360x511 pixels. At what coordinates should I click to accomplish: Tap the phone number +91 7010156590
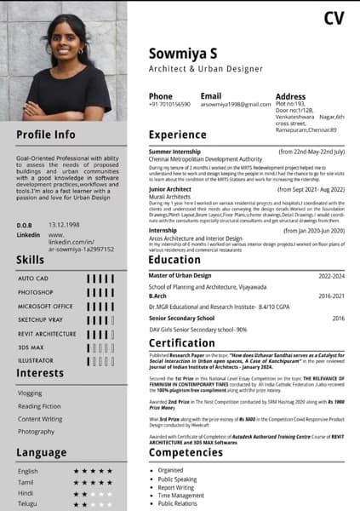click(170, 104)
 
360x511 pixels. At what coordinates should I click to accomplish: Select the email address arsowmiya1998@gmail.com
click(236, 104)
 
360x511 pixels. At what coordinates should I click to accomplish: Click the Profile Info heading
click(46, 135)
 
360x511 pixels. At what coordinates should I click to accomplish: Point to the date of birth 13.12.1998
click(64, 225)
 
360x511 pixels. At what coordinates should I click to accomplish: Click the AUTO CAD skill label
click(34, 278)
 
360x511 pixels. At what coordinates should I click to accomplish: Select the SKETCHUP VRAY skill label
click(41, 319)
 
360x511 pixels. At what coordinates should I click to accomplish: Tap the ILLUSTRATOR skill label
click(37, 360)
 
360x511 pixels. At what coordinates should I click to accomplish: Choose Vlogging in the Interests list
click(30, 393)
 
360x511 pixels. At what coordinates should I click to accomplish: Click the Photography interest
click(37, 432)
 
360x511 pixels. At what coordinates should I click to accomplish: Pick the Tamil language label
click(27, 482)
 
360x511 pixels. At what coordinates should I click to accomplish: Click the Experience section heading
click(178, 135)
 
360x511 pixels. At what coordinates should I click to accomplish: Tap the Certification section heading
click(183, 343)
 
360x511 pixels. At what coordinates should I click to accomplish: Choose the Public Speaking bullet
click(177, 479)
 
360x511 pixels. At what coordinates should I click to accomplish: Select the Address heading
click(290, 97)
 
